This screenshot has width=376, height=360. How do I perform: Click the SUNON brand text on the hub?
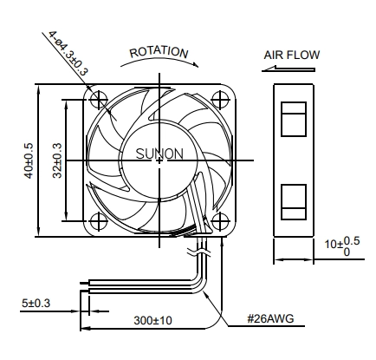click(159, 154)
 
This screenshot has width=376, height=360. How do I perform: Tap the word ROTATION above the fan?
click(159, 53)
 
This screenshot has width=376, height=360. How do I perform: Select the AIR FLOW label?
click(292, 55)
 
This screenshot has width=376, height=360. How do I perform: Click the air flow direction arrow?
click(288, 69)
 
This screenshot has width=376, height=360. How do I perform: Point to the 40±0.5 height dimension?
click(29, 160)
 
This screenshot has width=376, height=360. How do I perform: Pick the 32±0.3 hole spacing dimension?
click(57, 160)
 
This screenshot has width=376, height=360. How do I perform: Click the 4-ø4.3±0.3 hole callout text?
click(68, 53)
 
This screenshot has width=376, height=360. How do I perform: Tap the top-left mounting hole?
click(99, 100)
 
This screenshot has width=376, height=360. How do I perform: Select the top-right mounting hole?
click(221, 100)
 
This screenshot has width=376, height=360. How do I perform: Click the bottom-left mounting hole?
click(99, 222)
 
